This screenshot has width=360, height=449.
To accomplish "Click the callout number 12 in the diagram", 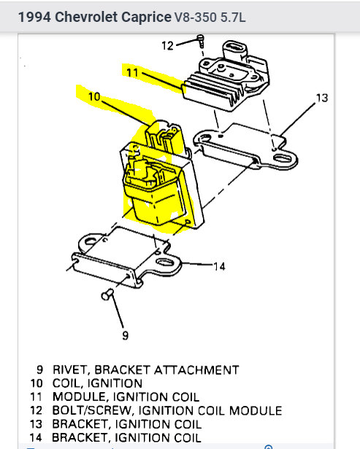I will tap(167, 46).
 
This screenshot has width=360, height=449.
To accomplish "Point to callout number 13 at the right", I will tap(322, 98).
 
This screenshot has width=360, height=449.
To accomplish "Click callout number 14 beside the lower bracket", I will tap(219, 266).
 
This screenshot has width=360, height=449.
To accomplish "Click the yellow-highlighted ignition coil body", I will tap(153, 193).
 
